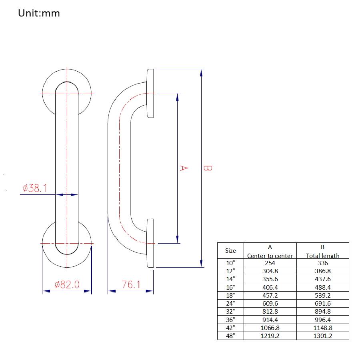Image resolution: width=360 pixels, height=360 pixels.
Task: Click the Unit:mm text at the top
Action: (39, 13)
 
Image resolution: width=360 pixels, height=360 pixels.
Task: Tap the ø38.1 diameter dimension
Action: (35, 188)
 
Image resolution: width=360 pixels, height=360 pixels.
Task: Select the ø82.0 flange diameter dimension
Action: (67, 285)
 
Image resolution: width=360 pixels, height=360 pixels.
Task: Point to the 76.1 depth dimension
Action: (131, 285)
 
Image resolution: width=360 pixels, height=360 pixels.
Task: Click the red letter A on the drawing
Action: (182, 168)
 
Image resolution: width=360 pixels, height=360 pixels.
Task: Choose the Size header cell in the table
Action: (230, 251)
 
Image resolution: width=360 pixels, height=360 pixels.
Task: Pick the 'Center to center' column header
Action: (270, 256)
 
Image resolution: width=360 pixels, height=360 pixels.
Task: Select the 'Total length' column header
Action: (322, 256)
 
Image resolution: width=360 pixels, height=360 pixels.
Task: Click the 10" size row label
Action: (230, 263)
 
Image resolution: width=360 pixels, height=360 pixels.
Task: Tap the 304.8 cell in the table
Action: (270, 271)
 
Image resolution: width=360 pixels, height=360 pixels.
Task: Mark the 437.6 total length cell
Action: (322, 279)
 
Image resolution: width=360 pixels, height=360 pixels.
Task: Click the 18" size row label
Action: (230, 296)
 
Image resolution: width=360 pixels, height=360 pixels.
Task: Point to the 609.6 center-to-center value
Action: (270, 304)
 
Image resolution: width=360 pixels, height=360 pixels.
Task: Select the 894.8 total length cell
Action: (322, 312)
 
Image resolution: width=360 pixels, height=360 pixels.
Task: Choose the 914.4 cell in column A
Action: (270, 320)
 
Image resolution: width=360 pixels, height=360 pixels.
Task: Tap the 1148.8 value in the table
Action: (322, 328)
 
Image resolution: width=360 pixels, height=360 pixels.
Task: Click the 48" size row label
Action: (230, 336)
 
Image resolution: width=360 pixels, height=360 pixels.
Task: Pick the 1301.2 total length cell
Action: (322, 336)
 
